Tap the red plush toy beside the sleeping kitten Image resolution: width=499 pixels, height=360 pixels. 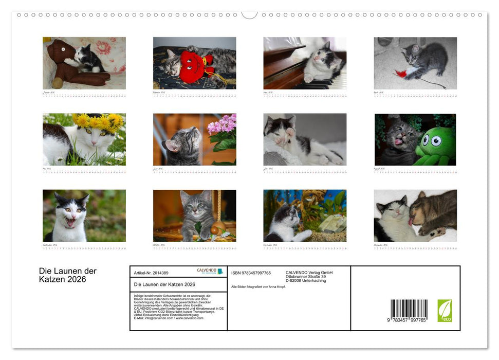192,66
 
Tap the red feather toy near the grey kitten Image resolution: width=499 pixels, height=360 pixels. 401,74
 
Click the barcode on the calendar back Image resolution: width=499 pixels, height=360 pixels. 409,310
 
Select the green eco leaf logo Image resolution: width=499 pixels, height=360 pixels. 445,311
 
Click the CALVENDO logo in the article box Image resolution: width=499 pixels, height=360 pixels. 210,272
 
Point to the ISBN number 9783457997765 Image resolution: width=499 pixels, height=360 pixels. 251,273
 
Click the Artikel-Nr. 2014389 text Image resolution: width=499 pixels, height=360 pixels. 151,273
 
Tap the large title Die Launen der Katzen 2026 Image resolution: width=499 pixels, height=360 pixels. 68,275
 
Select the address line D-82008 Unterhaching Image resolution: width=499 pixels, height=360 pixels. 306,281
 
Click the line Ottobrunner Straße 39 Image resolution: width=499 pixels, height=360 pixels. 306,277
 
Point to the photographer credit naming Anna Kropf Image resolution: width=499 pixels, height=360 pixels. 258,286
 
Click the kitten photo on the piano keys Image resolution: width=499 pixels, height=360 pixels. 305,63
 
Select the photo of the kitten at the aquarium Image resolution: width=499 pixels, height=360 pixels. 305,215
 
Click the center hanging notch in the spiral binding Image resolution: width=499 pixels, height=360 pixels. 249,14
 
